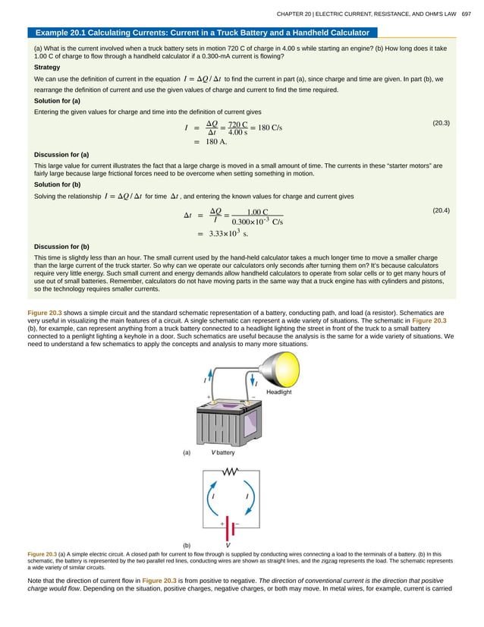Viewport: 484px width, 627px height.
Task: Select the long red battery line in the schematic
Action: pos(225,527)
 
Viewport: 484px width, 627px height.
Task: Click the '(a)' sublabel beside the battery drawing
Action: pos(186,452)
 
